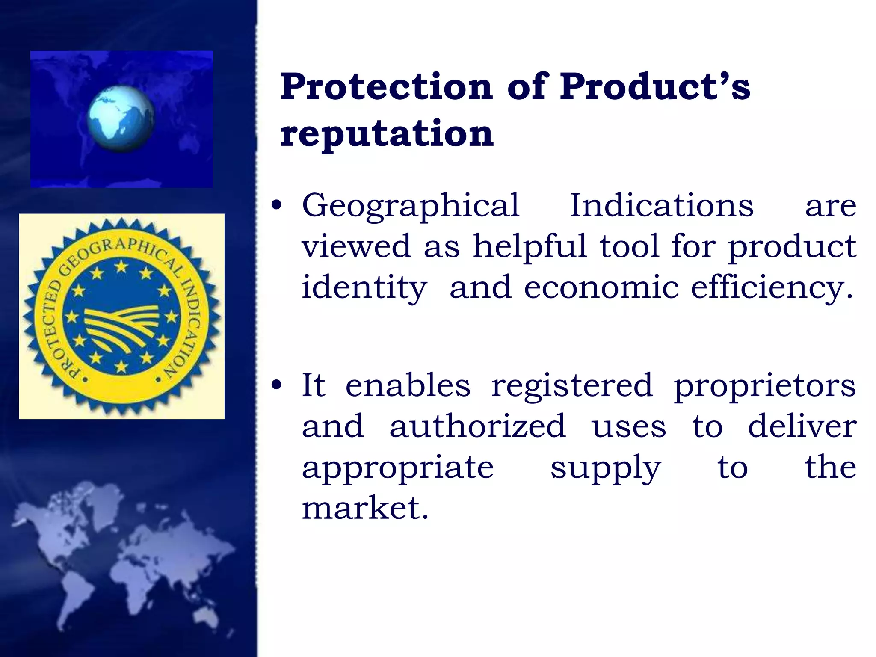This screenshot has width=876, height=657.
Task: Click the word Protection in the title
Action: (386, 87)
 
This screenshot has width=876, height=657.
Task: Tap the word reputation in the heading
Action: (387, 133)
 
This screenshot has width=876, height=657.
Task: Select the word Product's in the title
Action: (655, 87)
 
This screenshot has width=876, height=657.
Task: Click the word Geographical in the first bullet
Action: (411, 206)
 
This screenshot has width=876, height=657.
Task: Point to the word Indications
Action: (662, 206)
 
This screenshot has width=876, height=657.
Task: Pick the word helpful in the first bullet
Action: (530, 247)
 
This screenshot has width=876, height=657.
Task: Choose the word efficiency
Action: (772, 288)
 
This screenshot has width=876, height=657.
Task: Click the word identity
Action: (364, 288)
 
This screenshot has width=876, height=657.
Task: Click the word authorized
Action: (477, 426)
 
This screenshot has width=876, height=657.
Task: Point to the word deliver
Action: (802, 426)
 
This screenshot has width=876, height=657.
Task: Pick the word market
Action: (365, 509)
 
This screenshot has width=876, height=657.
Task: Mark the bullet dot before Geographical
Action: (277, 205)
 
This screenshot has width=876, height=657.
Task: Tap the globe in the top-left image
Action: (121, 118)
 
